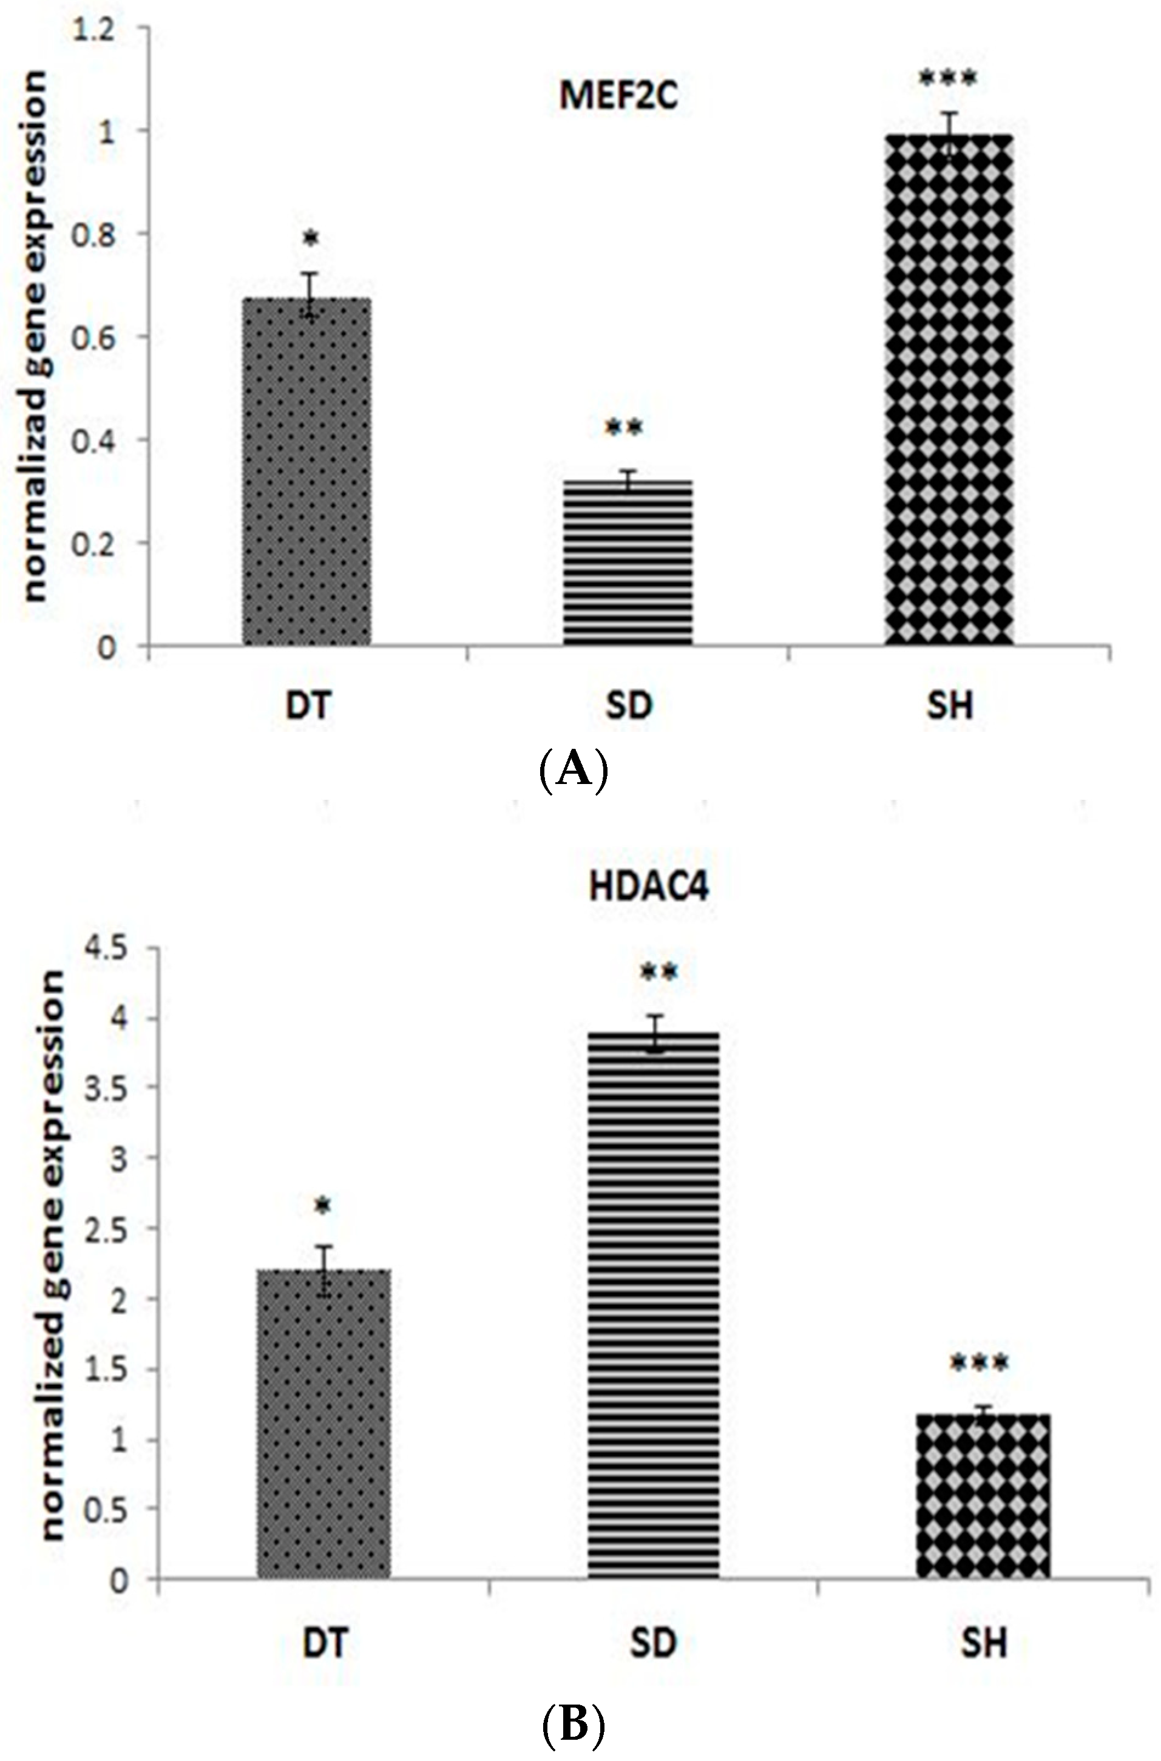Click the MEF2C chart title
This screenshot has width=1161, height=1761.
tap(618, 96)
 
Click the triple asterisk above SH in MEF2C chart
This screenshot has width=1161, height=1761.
tap(949, 78)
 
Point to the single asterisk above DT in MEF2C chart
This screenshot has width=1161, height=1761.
tap(311, 238)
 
